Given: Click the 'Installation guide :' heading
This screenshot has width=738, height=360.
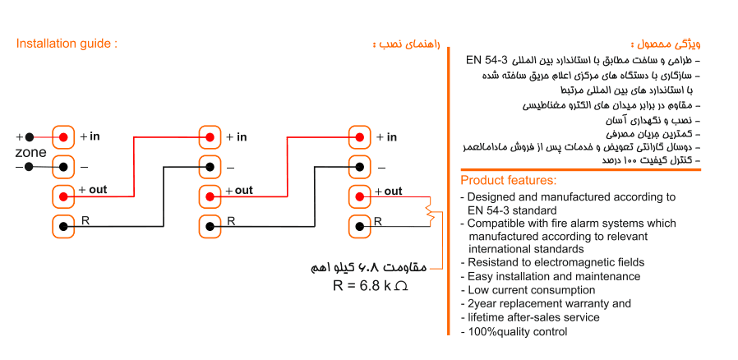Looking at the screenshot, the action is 67,44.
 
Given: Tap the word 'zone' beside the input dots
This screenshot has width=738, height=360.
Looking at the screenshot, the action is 30,153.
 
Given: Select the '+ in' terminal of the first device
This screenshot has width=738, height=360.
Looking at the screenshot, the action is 63,137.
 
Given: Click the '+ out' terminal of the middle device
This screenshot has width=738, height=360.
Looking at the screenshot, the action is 210,196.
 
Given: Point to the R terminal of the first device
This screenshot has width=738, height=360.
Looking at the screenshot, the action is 63,226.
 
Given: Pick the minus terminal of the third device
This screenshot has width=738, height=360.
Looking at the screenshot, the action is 360,167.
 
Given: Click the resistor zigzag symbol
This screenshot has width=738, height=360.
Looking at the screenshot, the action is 429,211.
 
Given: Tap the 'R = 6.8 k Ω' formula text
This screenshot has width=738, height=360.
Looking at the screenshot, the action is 370,286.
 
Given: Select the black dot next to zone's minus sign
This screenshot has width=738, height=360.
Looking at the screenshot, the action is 29,167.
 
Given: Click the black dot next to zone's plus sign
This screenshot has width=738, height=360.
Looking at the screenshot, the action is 30,137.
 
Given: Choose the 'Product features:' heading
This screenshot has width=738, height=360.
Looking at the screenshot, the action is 509,181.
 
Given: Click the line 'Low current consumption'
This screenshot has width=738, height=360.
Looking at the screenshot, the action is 531,290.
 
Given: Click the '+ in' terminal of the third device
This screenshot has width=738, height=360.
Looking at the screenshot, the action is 360,137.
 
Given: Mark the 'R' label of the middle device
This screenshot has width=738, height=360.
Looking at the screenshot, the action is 231,221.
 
